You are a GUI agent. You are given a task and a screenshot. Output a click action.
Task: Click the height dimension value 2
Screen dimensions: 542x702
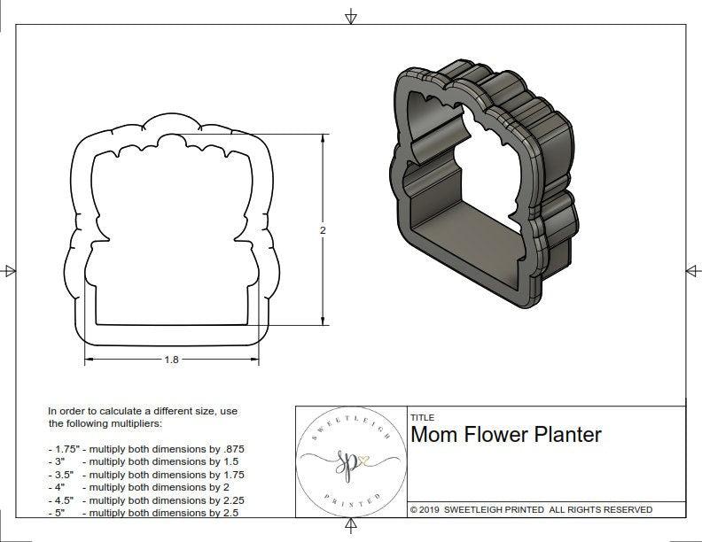(x=323, y=230)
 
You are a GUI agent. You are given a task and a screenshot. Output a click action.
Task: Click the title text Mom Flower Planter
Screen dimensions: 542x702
(x=506, y=435)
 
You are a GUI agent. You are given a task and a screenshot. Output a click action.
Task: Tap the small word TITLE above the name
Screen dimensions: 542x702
(x=422, y=417)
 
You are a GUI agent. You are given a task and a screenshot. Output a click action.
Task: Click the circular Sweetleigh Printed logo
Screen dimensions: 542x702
(x=341, y=461)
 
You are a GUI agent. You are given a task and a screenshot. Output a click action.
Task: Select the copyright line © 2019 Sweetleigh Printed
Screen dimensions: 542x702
(x=531, y=509)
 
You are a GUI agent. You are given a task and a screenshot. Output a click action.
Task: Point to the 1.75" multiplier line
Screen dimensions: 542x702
(x=145, y=449)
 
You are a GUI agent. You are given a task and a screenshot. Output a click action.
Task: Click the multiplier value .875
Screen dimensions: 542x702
(x=230, y=449)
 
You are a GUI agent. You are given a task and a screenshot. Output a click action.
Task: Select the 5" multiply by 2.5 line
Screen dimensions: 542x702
(x=143, y=512)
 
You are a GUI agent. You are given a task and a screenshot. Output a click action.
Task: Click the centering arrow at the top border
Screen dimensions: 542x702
(x=351, y=17)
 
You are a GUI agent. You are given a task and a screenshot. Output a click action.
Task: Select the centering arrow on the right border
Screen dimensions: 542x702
(x=692, y=271)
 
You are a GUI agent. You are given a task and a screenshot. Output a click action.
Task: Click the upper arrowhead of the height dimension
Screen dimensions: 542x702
(x=322, y=140)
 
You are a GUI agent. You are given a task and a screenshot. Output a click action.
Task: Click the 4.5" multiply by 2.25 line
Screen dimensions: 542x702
(x=145, y=499)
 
